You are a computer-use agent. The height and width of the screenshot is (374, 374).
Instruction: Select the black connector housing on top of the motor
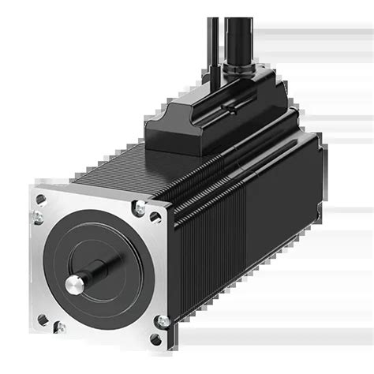(213, 118)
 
